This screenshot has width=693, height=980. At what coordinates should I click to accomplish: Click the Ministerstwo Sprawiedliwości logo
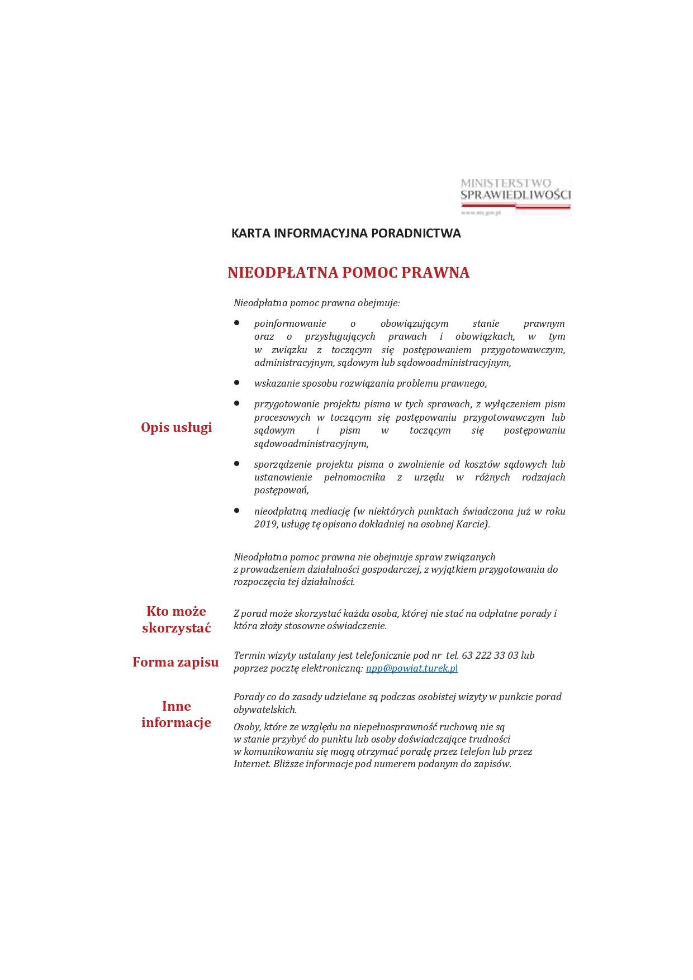pyautogui.click(x=515, y=196)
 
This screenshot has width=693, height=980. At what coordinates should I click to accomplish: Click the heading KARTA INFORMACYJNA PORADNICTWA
pyautogui.click(x=346, y=234)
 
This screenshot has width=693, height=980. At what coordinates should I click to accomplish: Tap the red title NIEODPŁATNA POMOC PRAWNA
pyautogui.click(x=348, y=273)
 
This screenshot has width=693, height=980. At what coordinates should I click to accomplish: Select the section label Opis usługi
pyautogui.click(x=176, y=427)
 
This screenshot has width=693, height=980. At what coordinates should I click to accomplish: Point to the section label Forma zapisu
pyautogui.click(x=175, y=662)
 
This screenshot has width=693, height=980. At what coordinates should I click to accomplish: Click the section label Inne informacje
pyautogui.click(x=176, y=714)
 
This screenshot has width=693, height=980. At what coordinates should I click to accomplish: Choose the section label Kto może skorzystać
pyautogui.click(x=176, y=619)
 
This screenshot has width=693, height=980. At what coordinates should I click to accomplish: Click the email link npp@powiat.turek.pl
pyautogui.click(x=411, y=668)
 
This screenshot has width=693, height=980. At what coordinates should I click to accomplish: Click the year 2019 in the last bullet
pyautogui.click(x=265, y=524)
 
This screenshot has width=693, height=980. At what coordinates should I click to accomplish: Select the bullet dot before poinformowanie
pyautogui.click(x=237, y=323)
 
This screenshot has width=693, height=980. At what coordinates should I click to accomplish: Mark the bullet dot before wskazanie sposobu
pyautogui.click(x=237, y=383)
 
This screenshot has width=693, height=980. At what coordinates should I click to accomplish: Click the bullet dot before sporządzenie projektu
pyautogui.click(x=237, y=464)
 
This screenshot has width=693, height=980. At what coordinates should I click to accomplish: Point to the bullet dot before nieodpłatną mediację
pyautogui.click(x=237, y=511)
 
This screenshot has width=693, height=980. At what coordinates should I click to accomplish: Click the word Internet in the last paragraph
pyautogui.click(x=251, y=764)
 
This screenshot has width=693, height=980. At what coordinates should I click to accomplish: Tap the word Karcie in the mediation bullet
pyautogui.click(x=472, y=524)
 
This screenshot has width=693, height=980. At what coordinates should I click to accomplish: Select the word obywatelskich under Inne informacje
pyautogui.click(x=264, y=710)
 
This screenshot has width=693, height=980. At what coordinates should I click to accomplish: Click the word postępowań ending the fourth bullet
pyautogui.click(x=281, y=490)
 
